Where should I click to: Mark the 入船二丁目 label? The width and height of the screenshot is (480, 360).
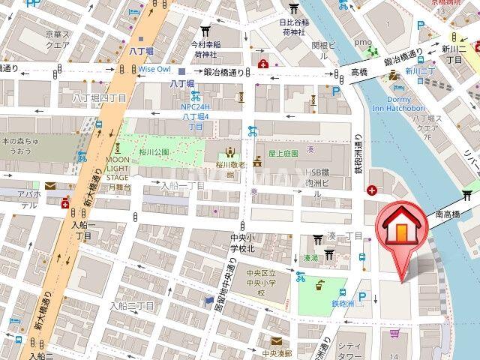coord(131,306)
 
